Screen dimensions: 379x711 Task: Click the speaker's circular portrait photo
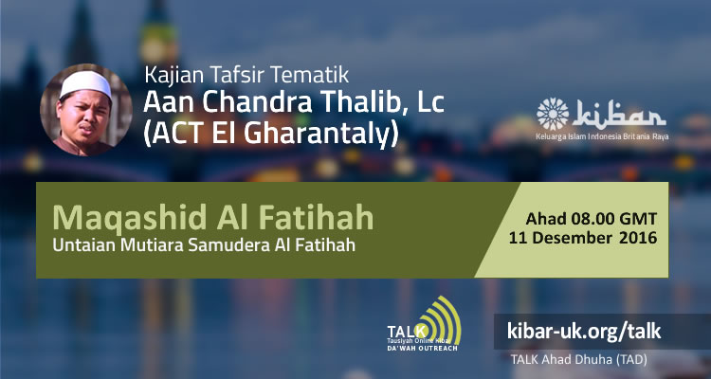84,112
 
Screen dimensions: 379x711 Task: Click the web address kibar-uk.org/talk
583,331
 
